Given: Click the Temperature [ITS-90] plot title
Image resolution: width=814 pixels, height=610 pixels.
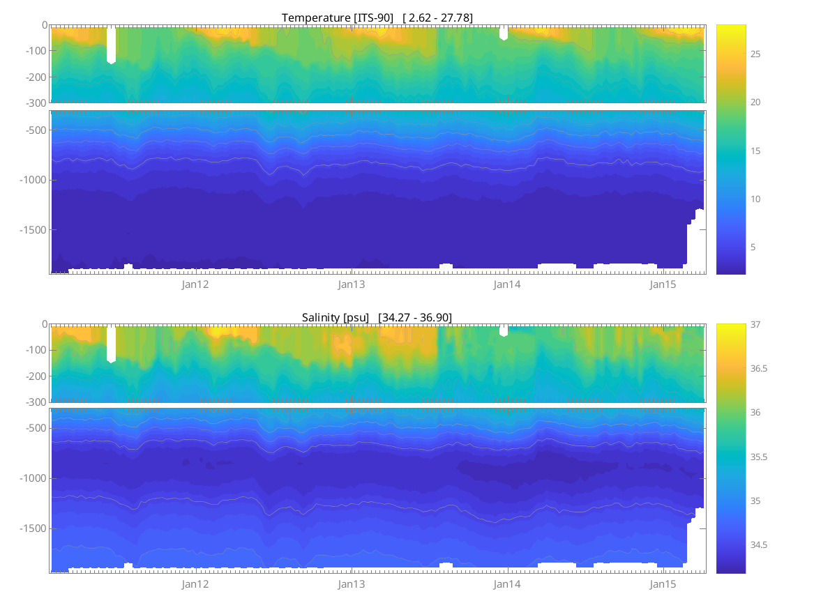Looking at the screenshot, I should (x=377, y=17).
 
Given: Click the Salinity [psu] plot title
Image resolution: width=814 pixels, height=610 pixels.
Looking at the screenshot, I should (x=377, y=317).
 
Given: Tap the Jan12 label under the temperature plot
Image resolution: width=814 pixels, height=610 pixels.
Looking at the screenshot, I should (x=195, y=284).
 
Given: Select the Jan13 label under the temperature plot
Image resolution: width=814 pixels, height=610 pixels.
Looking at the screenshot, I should (x=352, y=284).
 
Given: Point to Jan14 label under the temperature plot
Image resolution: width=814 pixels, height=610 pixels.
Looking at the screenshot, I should (x=507, y=284).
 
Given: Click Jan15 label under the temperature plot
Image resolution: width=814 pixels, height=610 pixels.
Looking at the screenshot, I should (x=663, y=284).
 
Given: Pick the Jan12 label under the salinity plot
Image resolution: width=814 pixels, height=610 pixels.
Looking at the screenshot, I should (x=195, y=584).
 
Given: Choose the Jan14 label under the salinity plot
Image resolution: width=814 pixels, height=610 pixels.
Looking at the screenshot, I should (x=507, y=584).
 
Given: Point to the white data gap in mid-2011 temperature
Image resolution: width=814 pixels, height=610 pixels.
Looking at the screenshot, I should (x=111, y=45).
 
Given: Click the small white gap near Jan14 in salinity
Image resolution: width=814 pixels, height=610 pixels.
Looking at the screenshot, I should (x=504, y=330).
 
